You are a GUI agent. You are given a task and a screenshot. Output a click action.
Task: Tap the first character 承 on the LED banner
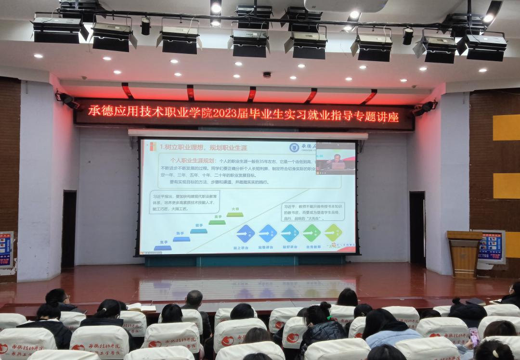(x=95, y=112)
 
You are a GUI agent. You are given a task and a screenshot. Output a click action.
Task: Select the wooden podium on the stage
(x=464, y=254)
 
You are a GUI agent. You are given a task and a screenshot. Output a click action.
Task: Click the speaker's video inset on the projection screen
(x=336, y=158)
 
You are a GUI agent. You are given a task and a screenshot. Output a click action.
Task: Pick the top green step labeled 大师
(x=235, y=214)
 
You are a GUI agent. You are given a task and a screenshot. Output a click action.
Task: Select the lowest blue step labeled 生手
(x=163, y=247)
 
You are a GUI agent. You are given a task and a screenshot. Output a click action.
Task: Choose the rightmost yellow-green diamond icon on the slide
(x=333, y=232)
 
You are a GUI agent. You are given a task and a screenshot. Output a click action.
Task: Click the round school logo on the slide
(x=294, y=147)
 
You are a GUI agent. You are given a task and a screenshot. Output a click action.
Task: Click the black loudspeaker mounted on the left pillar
(x=66, y=100)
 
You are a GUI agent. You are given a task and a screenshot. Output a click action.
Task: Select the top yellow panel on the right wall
(x=506, y=127)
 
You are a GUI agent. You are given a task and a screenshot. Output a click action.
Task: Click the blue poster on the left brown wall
(x=6, y=249)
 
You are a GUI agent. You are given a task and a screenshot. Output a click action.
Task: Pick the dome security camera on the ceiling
(x=267, y=75)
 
